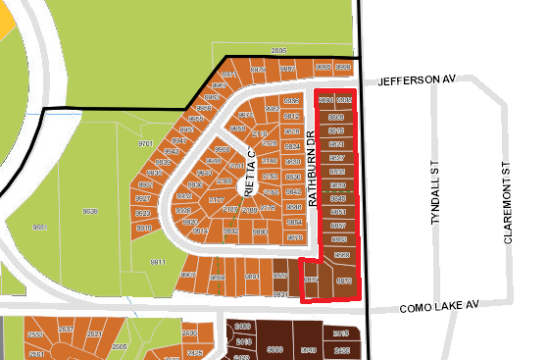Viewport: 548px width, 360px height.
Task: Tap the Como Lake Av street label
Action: (438, 307)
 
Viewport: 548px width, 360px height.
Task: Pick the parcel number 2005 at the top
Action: (278, 50)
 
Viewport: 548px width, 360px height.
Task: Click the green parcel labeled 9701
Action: (146, 143)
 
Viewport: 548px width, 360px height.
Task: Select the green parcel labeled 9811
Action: (158, 263)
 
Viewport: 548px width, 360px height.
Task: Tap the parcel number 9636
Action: (91, 211)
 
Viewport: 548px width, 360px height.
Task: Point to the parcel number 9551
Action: (40, 227)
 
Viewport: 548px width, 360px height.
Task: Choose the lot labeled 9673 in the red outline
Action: (344, 281)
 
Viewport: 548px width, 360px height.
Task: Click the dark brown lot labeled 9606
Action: (275, 348)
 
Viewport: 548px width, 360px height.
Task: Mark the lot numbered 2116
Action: (260, 133)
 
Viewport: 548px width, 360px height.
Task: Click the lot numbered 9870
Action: (260, 232)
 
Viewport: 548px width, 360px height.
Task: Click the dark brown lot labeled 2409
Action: (243, 326)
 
